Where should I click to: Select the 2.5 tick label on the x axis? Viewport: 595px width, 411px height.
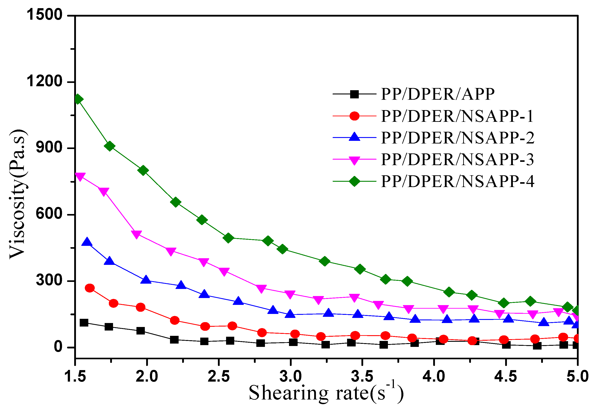click(219, 377)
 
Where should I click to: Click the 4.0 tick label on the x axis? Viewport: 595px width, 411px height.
click(434, 377)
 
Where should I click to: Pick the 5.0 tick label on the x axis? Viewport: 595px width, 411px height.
click(578, 377)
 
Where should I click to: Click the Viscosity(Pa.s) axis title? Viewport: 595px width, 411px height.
click(17, 194)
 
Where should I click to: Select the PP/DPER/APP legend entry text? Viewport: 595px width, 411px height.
click(437, 94)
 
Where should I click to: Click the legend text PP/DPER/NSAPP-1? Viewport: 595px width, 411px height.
click(457, 116)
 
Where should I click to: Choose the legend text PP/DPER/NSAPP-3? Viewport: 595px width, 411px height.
click(457, 159)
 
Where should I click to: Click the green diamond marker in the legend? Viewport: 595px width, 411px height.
click(354, 181)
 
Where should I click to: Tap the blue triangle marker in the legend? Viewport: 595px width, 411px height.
click(354, 137)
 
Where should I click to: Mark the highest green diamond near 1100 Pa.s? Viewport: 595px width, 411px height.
click(78, 99)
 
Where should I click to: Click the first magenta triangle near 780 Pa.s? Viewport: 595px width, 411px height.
click(80, 176)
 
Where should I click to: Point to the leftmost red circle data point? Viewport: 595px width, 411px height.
click(89, 288)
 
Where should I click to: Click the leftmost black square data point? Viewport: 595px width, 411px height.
click(84, 323)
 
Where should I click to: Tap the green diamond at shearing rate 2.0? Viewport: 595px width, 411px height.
click(143, 170)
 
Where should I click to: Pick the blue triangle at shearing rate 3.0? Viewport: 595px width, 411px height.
click(290, 314)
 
